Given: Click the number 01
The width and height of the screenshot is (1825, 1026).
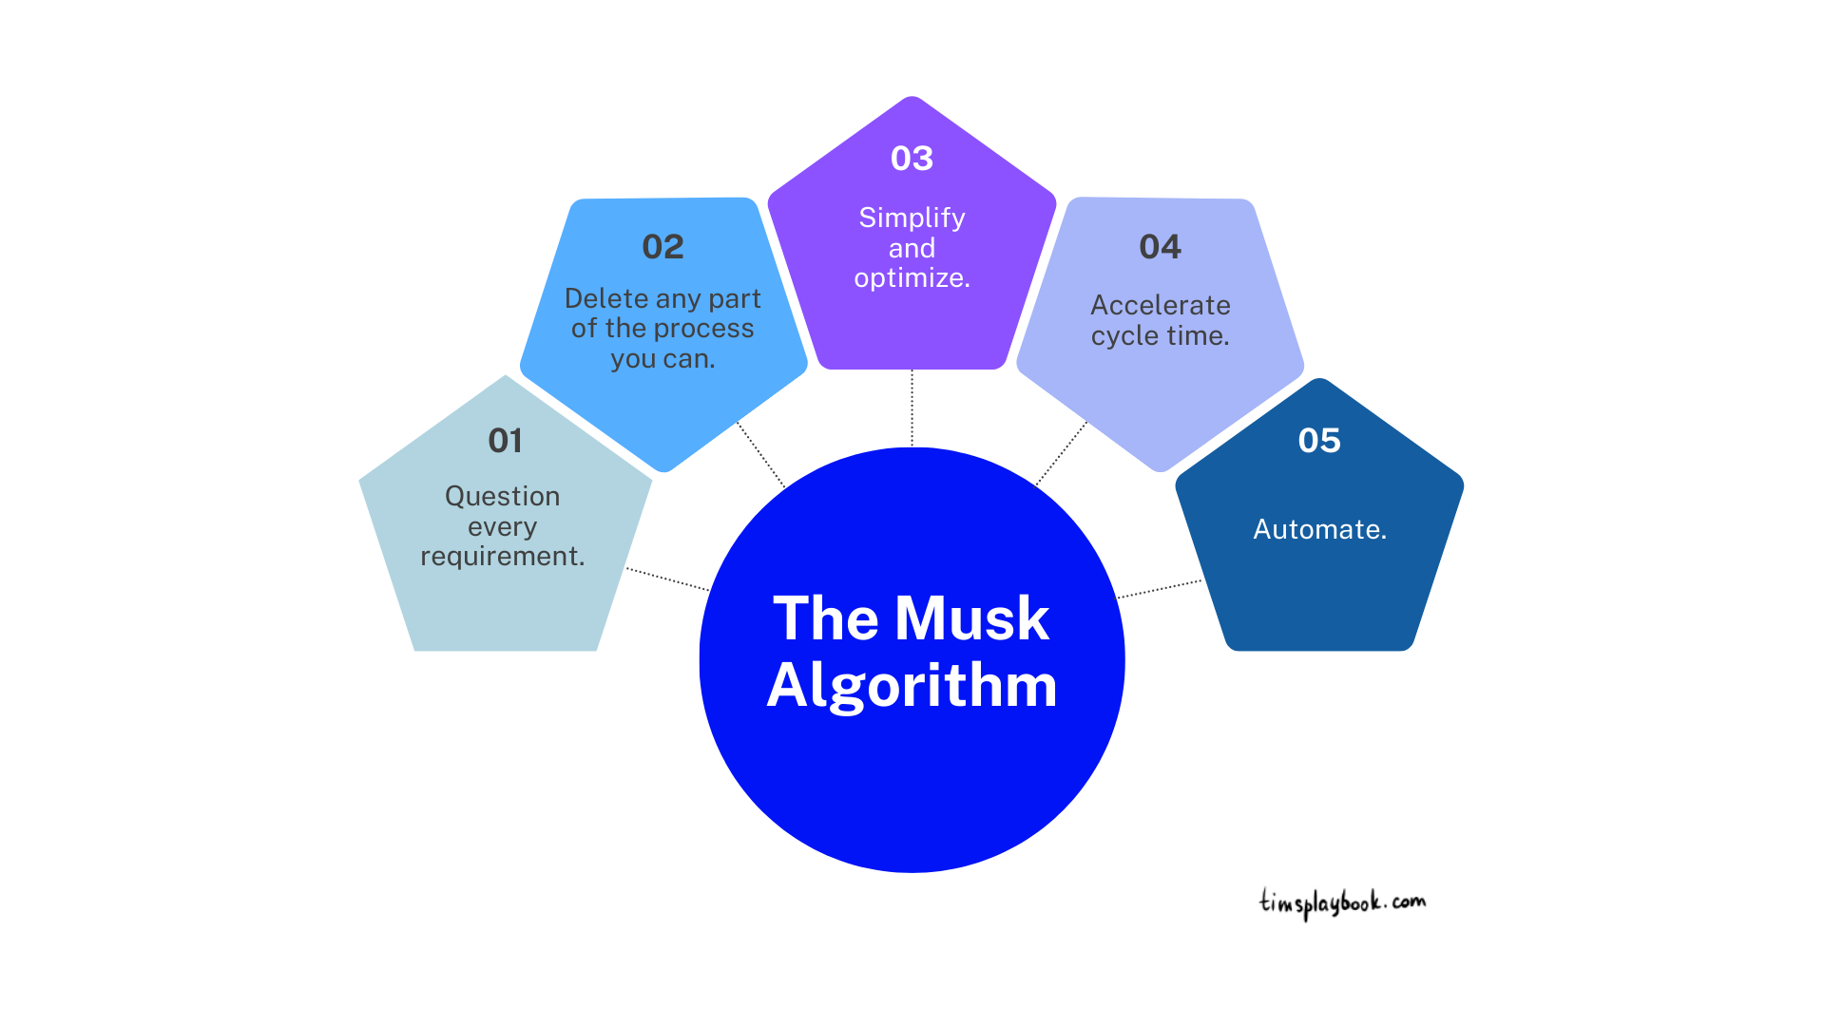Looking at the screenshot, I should click(505, 441).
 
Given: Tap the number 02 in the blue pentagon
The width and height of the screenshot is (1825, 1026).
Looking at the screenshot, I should click(663, 247).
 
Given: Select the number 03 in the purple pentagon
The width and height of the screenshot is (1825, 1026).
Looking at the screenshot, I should click(912, 159).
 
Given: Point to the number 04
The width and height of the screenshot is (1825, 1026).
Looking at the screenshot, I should click(1160, 247).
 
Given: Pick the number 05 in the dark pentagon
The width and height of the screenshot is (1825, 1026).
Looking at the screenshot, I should click(1319, 441).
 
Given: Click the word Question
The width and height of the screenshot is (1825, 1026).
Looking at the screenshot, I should click(502, 496).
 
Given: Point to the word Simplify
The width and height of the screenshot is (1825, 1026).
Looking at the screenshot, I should click(912, 218).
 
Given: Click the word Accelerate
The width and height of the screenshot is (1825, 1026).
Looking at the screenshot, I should click(1160, 305).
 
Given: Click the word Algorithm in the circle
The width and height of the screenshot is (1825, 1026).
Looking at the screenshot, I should click(912, 685).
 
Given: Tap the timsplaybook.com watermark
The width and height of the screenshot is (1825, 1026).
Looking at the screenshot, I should click(1342, 902).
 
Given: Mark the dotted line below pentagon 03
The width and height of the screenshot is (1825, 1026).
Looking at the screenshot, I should click(912, 408).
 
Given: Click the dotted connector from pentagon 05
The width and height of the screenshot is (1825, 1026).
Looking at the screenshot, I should click(1160, 589).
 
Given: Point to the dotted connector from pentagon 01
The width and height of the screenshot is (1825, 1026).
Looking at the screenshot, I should click(667, 579).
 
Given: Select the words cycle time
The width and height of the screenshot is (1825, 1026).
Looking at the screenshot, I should click(1160, 336).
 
